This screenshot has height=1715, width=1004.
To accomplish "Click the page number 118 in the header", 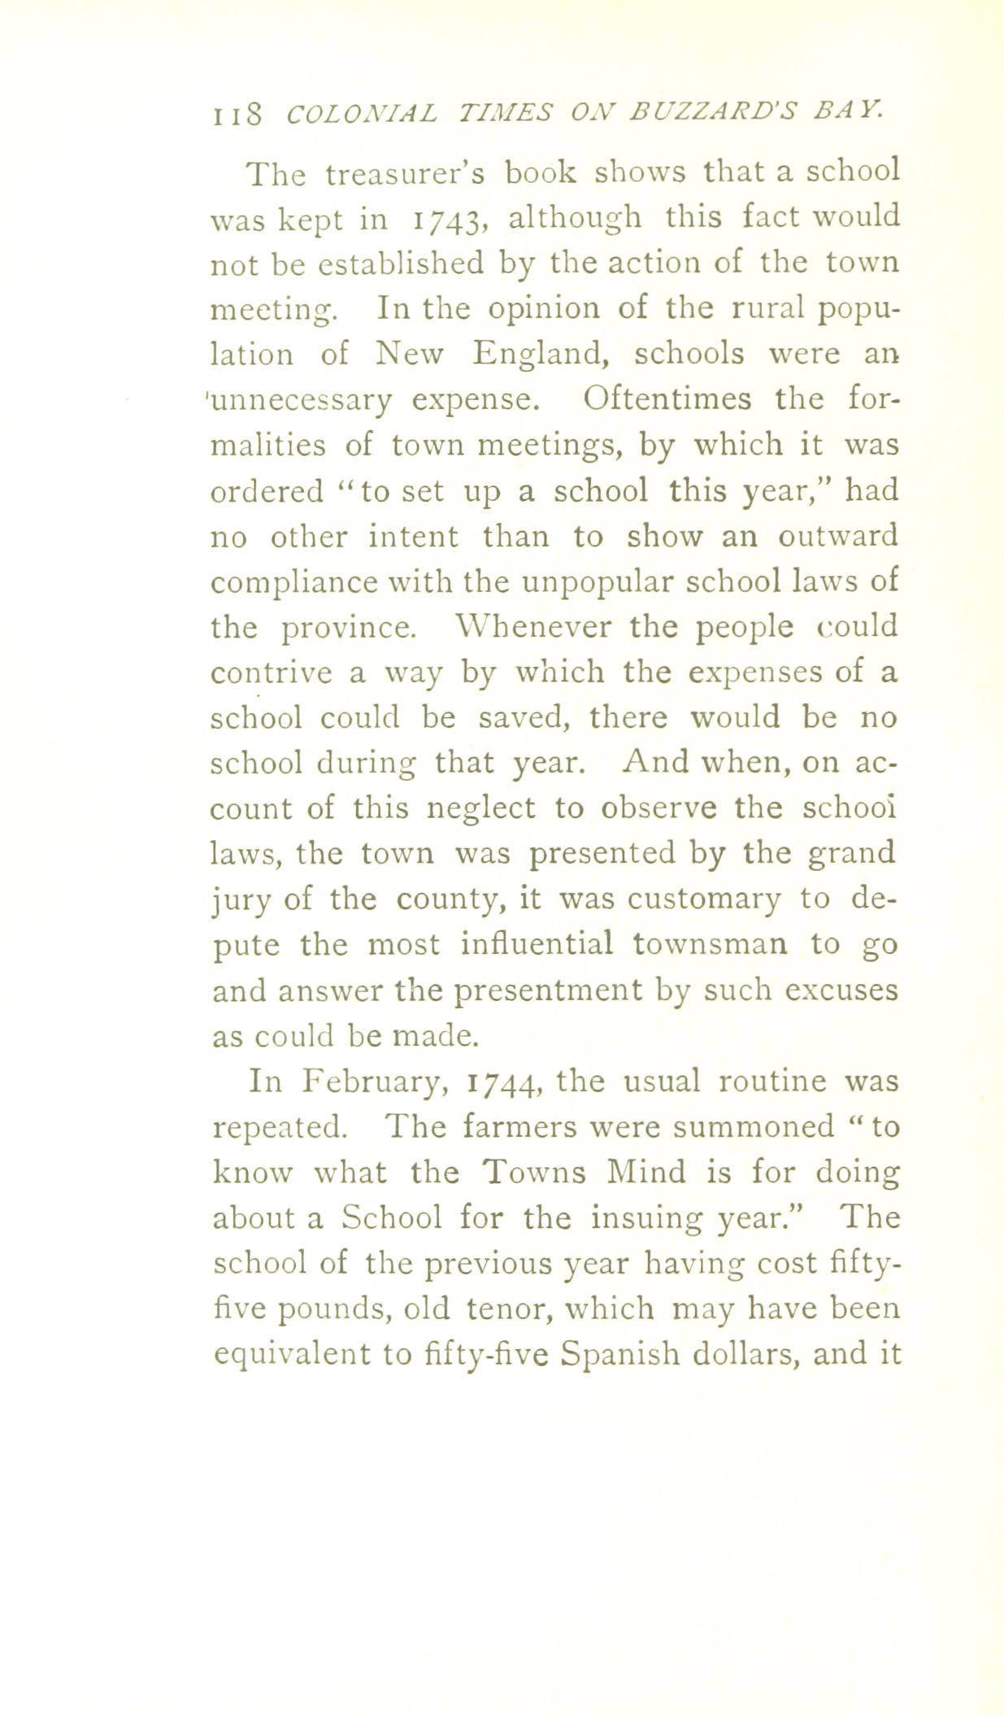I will [236, 114].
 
